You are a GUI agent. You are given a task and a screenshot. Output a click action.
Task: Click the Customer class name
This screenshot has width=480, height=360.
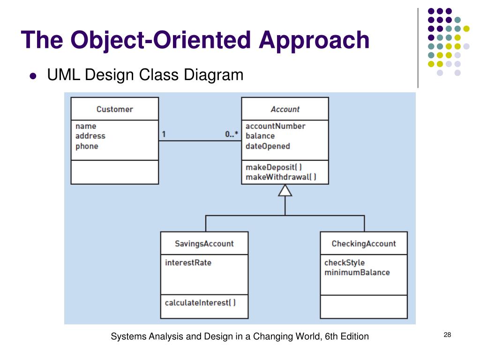click(x=114, y=109)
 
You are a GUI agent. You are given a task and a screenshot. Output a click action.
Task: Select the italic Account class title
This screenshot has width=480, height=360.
click(x=285, y=109)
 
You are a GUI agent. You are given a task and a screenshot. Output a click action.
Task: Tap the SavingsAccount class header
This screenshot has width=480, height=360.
click(x=204, y=244)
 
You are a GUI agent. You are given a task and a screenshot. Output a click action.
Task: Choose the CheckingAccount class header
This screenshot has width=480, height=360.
click(x=364, y=244)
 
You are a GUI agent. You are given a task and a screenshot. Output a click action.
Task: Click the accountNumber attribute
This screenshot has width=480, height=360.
click(x=275, y=126)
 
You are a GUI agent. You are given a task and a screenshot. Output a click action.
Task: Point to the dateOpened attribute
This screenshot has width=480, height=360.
click(x=268, y=146)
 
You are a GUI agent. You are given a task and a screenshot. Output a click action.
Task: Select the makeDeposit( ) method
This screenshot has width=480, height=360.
click(x=274, y=167)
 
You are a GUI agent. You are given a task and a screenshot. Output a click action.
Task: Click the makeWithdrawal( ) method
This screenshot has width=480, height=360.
click(x=281, y=177)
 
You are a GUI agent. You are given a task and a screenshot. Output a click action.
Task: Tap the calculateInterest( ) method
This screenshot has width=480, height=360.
click(x=200, y=302)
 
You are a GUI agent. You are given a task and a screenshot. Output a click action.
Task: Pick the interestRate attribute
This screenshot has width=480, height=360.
click(x=188, y=262)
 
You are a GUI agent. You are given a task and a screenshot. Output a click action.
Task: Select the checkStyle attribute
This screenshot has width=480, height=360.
click(x=344, y=262)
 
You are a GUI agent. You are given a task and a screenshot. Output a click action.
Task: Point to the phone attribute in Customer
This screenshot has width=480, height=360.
click(x=87, y=146)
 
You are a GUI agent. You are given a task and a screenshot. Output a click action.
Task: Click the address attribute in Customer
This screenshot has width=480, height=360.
click(x=90, y=136)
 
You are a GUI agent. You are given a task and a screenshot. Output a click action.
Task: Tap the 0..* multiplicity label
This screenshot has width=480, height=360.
click(x=232, y=135)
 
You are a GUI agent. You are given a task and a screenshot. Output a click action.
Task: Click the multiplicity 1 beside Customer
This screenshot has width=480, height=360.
click(x=164, y=135)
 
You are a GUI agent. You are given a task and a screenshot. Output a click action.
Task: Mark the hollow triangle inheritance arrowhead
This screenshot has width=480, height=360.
click(x=285, y=190)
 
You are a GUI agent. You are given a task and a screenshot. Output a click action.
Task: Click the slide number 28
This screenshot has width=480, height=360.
click(x=447, y=335)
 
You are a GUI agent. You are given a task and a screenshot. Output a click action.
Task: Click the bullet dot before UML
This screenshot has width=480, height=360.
click(x=33, y=75)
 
